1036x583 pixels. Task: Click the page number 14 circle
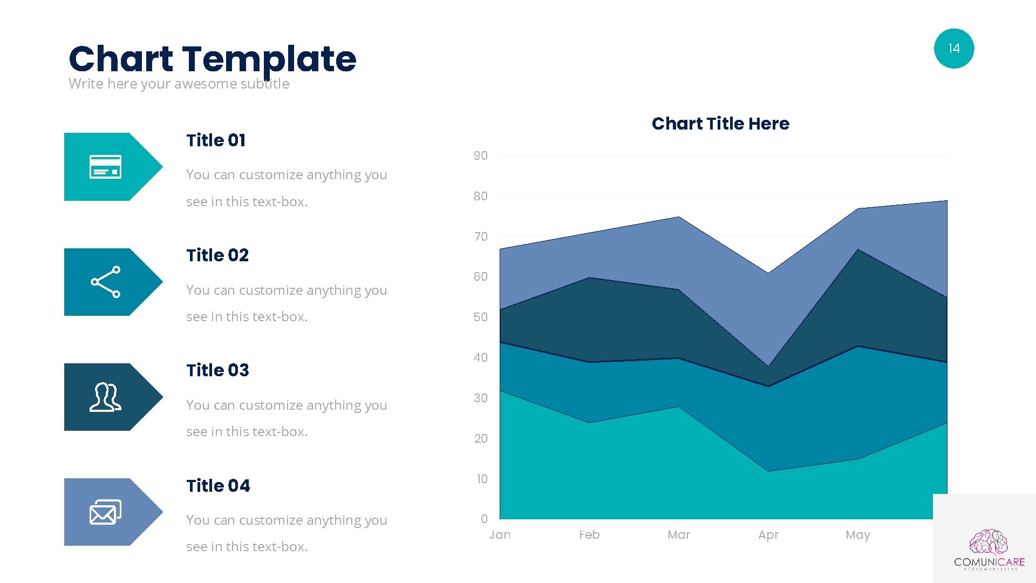pyautogui.click(x=953, y=49)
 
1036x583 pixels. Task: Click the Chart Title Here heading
pyautogui.click(x=720, y=124)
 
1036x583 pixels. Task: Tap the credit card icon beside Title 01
pyautogui.click(x=105, y=167)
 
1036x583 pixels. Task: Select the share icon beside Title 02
pyautogui.click(x=106, y=282)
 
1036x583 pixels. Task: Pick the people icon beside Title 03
pyautogui.click(x=105, y=397)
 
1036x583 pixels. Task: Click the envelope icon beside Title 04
pyautogui.click(x=105, y=512)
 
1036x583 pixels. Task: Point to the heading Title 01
pyautogui.click(x=216, y=140)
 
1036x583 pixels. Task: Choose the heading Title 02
pyautogui.click(x=217, y=255)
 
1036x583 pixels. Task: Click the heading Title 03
pyautogui.click(x=217, y=370)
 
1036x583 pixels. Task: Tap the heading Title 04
pyautogui.click(x=218, y=486)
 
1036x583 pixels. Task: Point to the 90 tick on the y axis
pyautogui.click(x=480, y=156)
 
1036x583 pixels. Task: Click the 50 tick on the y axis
pyautogui.click(x=480, y=317)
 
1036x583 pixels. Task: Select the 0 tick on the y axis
pyautogui.click(x=484, y=519)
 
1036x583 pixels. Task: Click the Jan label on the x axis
pyautogui.click(x=500, y=535)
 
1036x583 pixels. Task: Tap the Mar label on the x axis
pyautogui.click(x=679, y=535)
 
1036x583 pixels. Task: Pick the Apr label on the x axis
pyautogui.click(x=768, y=535)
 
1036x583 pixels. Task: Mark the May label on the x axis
pyautogui.click(x=858, y=535)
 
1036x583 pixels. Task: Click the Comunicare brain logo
pyautogui.click(x=989, y=543)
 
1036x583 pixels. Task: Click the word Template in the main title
pyautogui.click(x=269, y=59)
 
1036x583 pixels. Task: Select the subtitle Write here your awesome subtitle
pyautogui.click(x=179, y=84)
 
